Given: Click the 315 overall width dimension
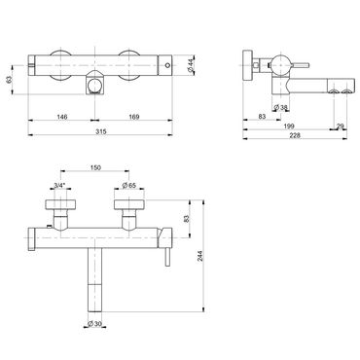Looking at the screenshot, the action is tap(101, 131).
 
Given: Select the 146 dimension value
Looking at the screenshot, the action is tap(62, 117).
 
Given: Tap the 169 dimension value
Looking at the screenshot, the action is tap(134, 117).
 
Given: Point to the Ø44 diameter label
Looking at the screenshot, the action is tap(191, 66).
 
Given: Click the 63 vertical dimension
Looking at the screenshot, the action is tap(9, 80).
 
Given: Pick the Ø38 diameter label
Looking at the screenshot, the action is tap(281, 107).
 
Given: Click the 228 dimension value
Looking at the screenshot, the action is tap(295, 135).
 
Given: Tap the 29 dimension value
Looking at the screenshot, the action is tap(340, 126).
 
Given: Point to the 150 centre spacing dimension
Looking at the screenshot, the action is tap(96, 167).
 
